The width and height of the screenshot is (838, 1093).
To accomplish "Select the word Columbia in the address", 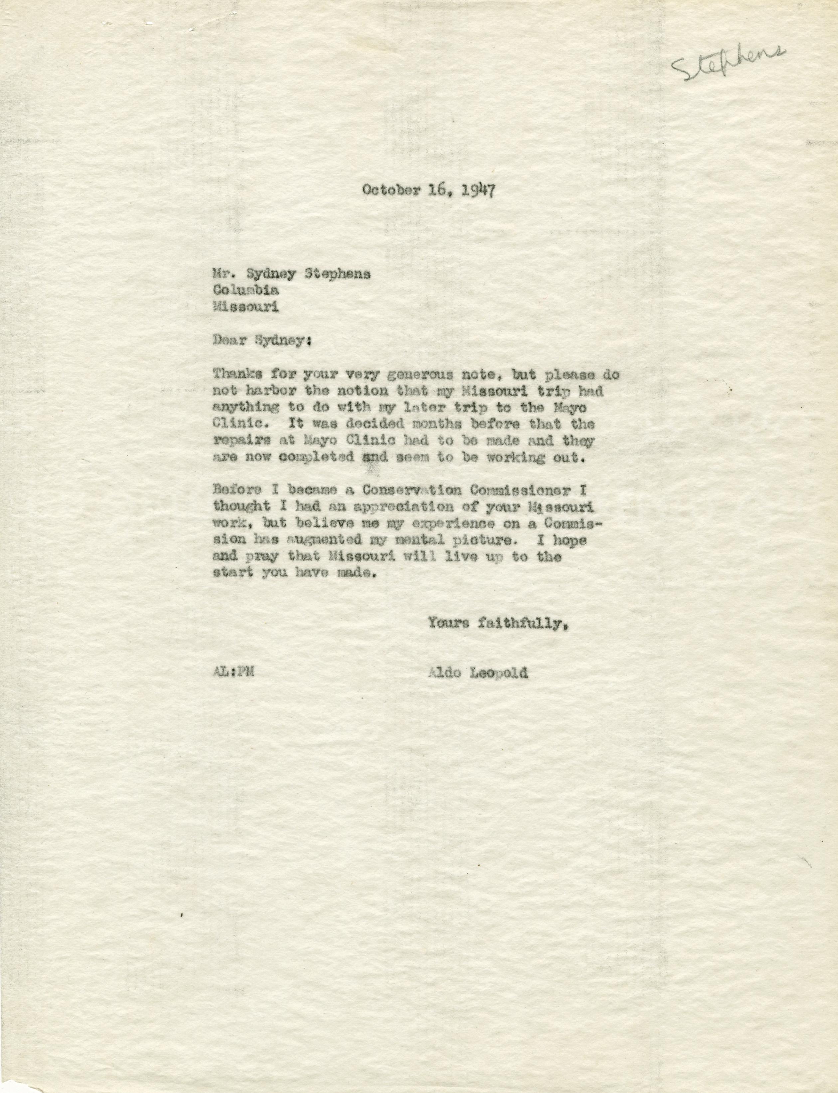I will point(246,290).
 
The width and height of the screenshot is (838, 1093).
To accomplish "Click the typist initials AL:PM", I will point(233,672).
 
